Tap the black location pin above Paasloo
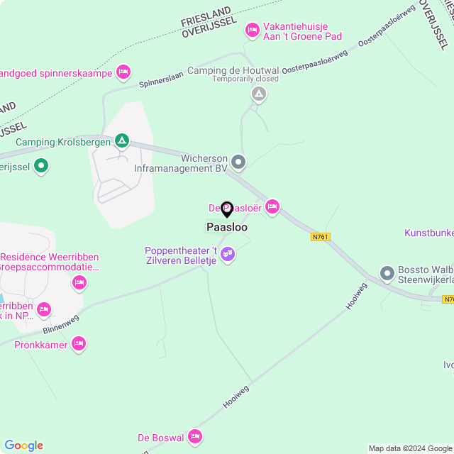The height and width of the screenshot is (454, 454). [227, 209]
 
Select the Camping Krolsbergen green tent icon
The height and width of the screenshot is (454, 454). [123, 141]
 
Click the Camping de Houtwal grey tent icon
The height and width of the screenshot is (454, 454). [260, 94]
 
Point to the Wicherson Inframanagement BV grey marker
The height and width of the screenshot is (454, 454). [238, 163]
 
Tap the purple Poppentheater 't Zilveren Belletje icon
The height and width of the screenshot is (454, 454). [227, 253]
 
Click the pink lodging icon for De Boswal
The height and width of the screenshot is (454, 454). [195, 436]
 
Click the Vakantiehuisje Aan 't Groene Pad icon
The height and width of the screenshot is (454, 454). [251, 30]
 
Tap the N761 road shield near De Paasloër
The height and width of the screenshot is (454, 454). [321, 237]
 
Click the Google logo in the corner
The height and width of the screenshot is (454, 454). [23, 445]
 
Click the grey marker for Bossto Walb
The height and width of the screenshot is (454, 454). [387, 272]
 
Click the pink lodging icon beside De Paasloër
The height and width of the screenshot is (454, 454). [272, 206]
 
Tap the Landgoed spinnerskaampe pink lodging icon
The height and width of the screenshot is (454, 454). [123, 72]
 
